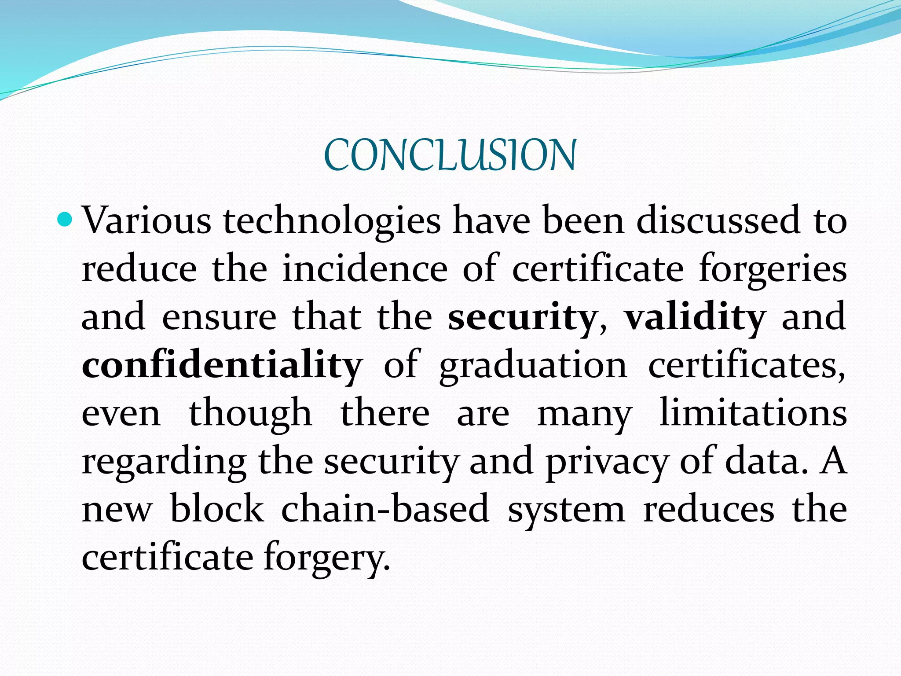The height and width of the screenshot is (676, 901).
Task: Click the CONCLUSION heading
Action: pos(450,154)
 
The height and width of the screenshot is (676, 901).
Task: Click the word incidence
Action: pos(365,268)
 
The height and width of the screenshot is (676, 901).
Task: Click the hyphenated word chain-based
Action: pos(385,509)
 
